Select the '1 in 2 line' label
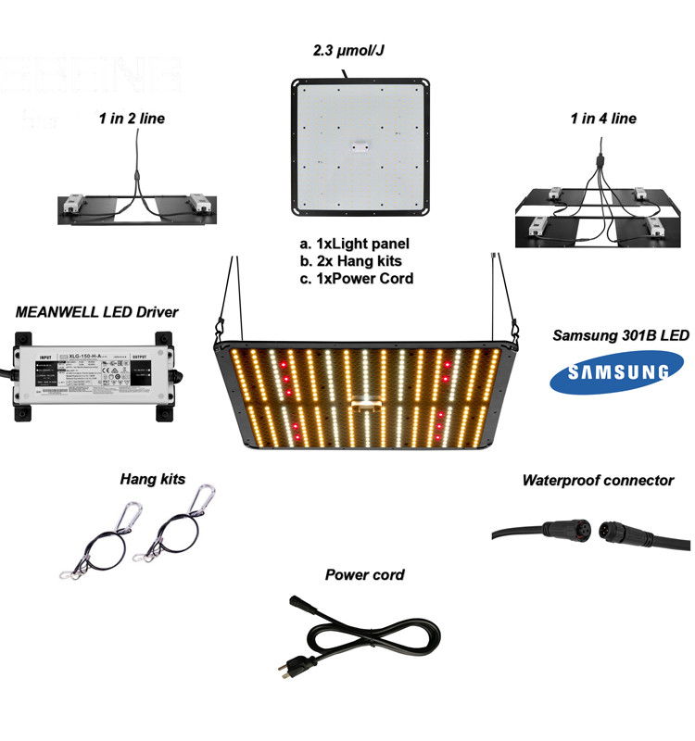[x=133, y=118]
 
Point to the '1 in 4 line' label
[x=603, y=119]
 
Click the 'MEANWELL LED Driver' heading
[x=96, y=312]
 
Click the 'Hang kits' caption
[x=153, y=479]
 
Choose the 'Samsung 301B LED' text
[x=620, y=334]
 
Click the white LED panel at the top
[x=361, y=145]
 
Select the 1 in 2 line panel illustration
[x=137, y=207]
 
